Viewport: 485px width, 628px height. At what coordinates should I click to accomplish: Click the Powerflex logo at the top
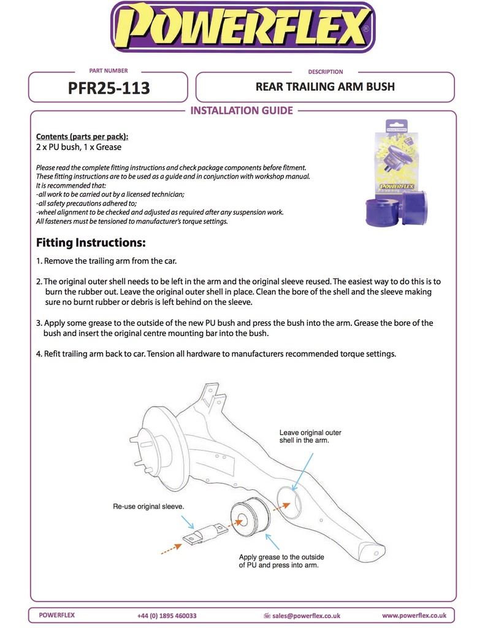[242, 28]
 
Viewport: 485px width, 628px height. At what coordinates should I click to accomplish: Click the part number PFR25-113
[109, 88]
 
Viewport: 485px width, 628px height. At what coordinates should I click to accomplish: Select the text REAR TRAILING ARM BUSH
[325, 86]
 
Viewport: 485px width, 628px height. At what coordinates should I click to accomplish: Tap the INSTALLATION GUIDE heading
[242, 111]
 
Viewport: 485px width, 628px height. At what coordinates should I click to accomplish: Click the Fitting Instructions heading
[91, 242]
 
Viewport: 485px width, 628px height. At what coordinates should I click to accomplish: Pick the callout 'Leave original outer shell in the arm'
[310, 437]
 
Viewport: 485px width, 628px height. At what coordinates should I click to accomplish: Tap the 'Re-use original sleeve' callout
[148, 507]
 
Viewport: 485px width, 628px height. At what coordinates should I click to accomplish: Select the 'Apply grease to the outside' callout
[281, 561]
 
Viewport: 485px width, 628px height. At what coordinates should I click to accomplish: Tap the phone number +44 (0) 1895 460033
[167, 615]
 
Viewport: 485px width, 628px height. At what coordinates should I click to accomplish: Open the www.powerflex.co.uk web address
[414, 615]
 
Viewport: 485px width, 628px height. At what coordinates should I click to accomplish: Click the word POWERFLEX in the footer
[57, 615]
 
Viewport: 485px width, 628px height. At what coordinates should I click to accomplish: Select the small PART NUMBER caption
[109, 71]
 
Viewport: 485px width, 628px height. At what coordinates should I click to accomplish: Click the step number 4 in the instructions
[39, 354]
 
